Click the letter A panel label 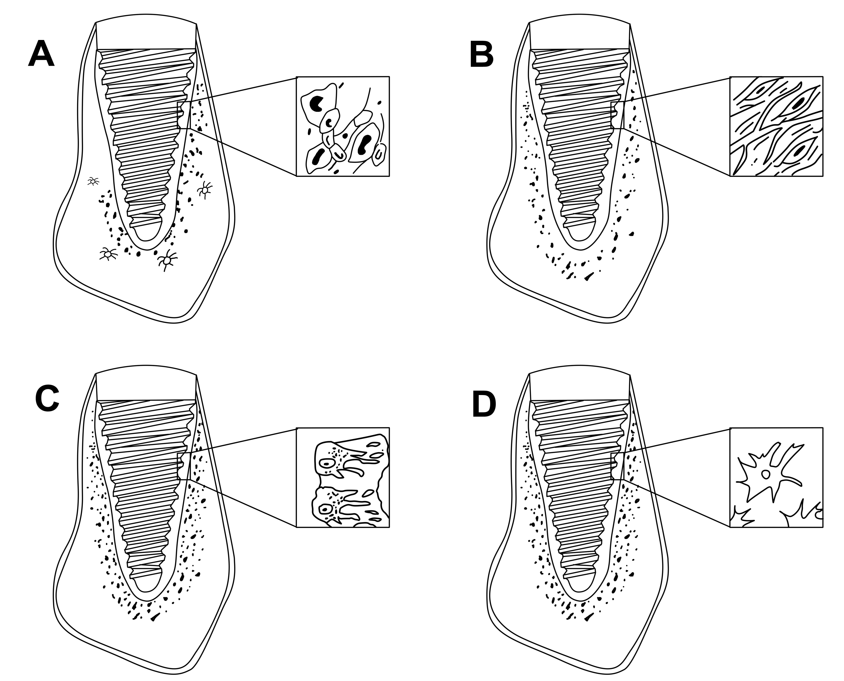coord(41,54)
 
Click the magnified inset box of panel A coord(343,126)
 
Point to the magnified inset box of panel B coord(776,126)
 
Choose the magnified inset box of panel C coord(343,477)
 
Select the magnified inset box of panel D coord(776,477)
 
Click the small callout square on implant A coord(184,115)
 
